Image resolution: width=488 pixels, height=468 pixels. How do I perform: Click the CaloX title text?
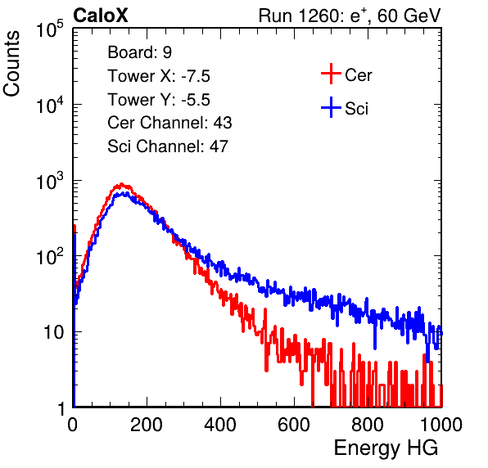[101, 16]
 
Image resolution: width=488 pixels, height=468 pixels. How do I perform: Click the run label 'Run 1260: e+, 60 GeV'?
[350, 16]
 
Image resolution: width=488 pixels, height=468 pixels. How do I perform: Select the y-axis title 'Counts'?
[11, 64]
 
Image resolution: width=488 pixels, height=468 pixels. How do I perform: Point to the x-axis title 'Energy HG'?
[386, 448]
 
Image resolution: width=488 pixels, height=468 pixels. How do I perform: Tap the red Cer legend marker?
[331, 74]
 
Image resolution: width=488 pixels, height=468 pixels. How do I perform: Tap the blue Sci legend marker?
[331, 107]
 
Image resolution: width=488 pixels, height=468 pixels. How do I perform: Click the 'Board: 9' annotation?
[139, 52]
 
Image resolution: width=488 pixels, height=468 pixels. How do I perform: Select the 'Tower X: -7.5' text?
[159, 76]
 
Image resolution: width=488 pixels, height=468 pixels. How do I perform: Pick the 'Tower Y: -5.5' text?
[159, 100]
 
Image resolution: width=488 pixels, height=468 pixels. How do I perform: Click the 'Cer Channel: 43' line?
[169, 123]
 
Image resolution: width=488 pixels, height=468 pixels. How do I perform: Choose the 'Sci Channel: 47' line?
[168, 146]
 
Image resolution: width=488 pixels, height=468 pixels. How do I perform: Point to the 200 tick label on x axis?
[147, 424]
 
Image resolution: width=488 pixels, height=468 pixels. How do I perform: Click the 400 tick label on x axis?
[220, 424]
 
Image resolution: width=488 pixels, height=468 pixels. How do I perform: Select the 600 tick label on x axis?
[294, 424]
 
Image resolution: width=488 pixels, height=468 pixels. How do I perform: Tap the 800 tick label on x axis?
[368, 424]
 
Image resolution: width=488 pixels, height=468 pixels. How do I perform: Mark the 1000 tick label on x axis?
[441, 424]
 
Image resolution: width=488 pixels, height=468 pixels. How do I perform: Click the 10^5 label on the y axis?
[50, 29]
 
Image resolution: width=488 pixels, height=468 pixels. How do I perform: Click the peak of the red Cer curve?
[121, 184]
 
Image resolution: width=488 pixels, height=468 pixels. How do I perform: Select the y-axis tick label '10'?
[53, 332]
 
